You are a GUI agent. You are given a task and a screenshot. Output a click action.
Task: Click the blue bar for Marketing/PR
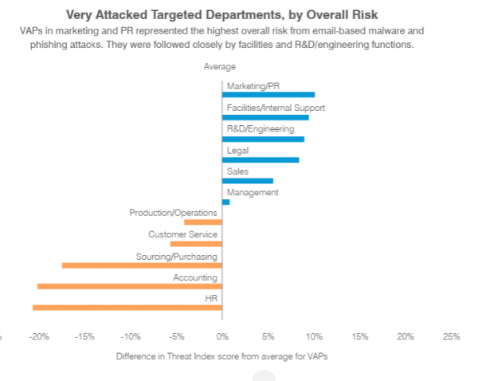click(268, 95)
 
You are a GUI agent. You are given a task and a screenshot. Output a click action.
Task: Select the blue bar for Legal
click(261, 159)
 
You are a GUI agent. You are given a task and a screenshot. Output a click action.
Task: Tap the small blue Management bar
click(226, 202)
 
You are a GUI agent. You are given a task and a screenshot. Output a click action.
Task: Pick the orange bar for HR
click(127, 307)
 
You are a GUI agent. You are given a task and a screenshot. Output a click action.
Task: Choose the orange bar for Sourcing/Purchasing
click(142, 265)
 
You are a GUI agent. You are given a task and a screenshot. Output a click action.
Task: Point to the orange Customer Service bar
click(196, 244)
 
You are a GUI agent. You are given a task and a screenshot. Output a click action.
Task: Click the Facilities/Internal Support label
click(276, 108)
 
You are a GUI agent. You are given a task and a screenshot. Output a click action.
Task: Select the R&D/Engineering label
click(261, 128)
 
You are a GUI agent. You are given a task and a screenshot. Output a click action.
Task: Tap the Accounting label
click(195, 277)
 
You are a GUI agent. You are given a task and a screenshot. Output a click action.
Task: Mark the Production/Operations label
click(174, 213)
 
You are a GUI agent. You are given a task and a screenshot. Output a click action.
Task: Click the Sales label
click(237, 171)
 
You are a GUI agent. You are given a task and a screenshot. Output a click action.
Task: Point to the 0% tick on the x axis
click(222, 336)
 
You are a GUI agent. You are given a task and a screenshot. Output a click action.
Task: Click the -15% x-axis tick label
click(85, 336)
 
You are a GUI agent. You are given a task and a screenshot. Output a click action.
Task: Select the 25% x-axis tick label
click(451, 336)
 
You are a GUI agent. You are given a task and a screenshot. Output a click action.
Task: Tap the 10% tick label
click(314, 336)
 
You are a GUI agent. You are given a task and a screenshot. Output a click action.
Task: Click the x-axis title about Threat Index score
click(221, 356)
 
